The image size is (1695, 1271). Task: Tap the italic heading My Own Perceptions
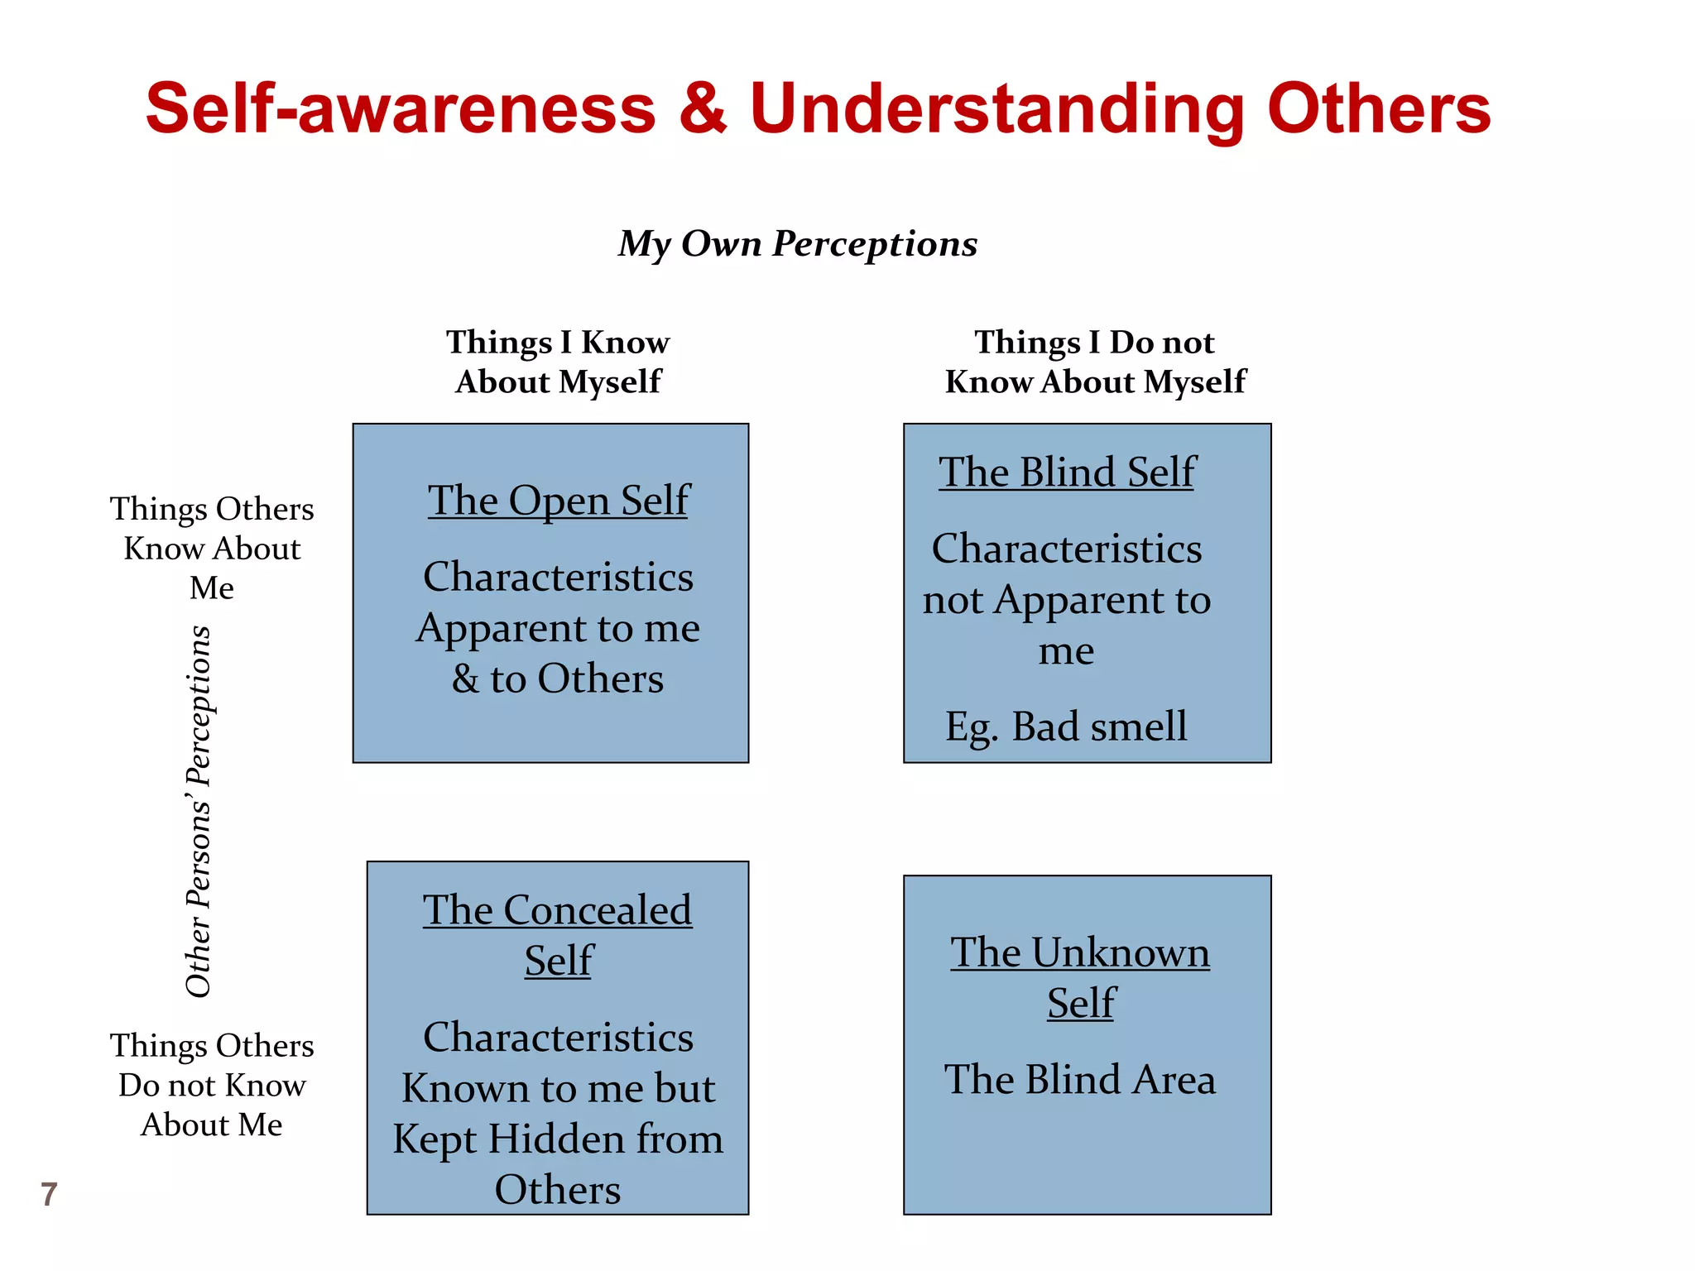point(798,243)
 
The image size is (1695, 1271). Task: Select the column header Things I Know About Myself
point(558,362)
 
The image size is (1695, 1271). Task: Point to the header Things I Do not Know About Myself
point(1095,362)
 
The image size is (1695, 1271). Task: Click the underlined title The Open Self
point(559,501)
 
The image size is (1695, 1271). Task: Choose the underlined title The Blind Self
point(1067,472)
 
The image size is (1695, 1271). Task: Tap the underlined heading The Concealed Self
point(558,935)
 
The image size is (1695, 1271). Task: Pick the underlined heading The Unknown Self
point(1080,977)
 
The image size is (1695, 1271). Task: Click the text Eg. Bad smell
point(1066,727)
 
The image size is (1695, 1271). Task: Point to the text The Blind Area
point(1080,1080)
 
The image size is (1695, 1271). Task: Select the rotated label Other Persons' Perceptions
point(199,811)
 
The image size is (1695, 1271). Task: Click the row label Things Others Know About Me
point(212,548)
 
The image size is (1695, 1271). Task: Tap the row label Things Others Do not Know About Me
point(212,1085)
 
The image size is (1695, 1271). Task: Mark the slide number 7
point(49,1194)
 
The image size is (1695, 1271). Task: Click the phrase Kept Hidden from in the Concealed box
point(558,1139)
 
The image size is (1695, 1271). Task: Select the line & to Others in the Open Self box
point(558,679)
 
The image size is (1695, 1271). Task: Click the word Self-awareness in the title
point(401,109)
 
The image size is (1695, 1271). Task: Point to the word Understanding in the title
point(996,109)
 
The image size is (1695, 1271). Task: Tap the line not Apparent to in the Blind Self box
point(1066,600)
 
